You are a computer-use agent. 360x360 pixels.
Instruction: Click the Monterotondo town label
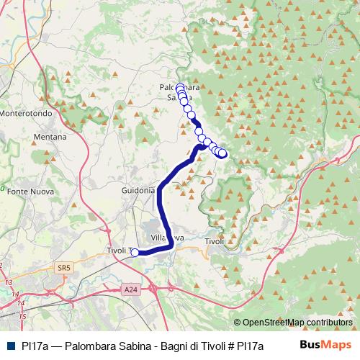(x=27, y=114)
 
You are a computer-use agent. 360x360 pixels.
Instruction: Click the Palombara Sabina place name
(x=178, y=91)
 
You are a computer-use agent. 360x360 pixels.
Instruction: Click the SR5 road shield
(x=64, y=268)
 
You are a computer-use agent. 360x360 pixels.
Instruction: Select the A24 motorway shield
(x=130, y=289)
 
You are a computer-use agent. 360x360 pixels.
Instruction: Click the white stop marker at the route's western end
(x=134, y=252)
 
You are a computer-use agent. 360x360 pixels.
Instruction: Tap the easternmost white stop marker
(x=222, y=153)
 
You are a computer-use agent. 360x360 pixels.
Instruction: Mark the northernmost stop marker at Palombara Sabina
(x=180, y=89)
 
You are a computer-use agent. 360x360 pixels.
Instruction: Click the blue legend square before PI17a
(x=9, y=345)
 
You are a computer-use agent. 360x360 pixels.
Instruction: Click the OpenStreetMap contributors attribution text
(x=297, y=323)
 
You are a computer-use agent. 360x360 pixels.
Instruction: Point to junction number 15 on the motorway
(x=22, y=315)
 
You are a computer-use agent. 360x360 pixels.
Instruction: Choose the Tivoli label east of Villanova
(x=215, y=241)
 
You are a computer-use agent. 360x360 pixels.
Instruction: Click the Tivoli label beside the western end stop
(x=116, y=251)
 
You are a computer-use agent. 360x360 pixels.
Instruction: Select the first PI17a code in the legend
(x=34, y=345)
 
